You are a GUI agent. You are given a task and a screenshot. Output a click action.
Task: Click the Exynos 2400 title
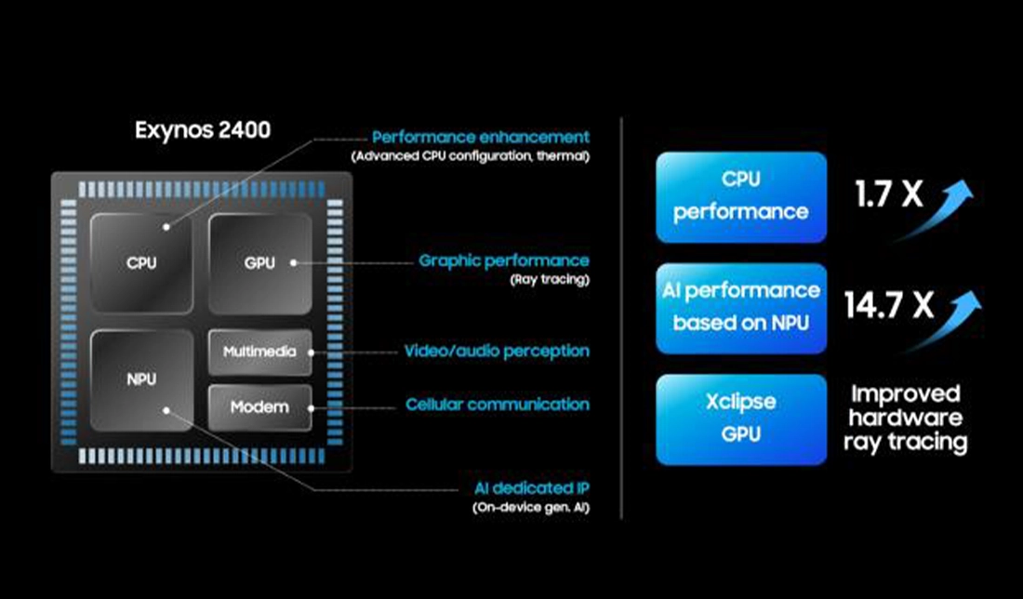(x=203, y=129)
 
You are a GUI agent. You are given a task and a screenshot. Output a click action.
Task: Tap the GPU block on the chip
(x=259, y=262)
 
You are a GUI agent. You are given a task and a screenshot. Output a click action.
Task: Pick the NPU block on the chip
(x=142, y=379)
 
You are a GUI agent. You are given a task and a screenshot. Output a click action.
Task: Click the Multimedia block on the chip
(x=259, y=352)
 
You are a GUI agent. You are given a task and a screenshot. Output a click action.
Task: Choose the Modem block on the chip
(x=259, y=406)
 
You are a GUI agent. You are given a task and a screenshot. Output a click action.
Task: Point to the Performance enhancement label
(x=481, y=137)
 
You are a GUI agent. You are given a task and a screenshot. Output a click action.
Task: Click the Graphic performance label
(x=504, y=260)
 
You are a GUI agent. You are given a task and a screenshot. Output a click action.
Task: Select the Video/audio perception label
(x=497, y=352)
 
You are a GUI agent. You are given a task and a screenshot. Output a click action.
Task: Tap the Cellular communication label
(x=498, y=405)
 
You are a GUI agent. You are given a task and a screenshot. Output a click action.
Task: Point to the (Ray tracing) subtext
(x=549, y=279)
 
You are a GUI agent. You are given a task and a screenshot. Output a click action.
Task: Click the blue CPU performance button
(x=741, y=196)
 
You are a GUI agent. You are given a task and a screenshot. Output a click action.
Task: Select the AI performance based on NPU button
(x=741, y=307)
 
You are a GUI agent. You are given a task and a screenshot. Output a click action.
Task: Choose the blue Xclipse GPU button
(x=741, y=419)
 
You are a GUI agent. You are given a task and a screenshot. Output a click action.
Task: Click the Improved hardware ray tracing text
(x=905, y=418)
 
